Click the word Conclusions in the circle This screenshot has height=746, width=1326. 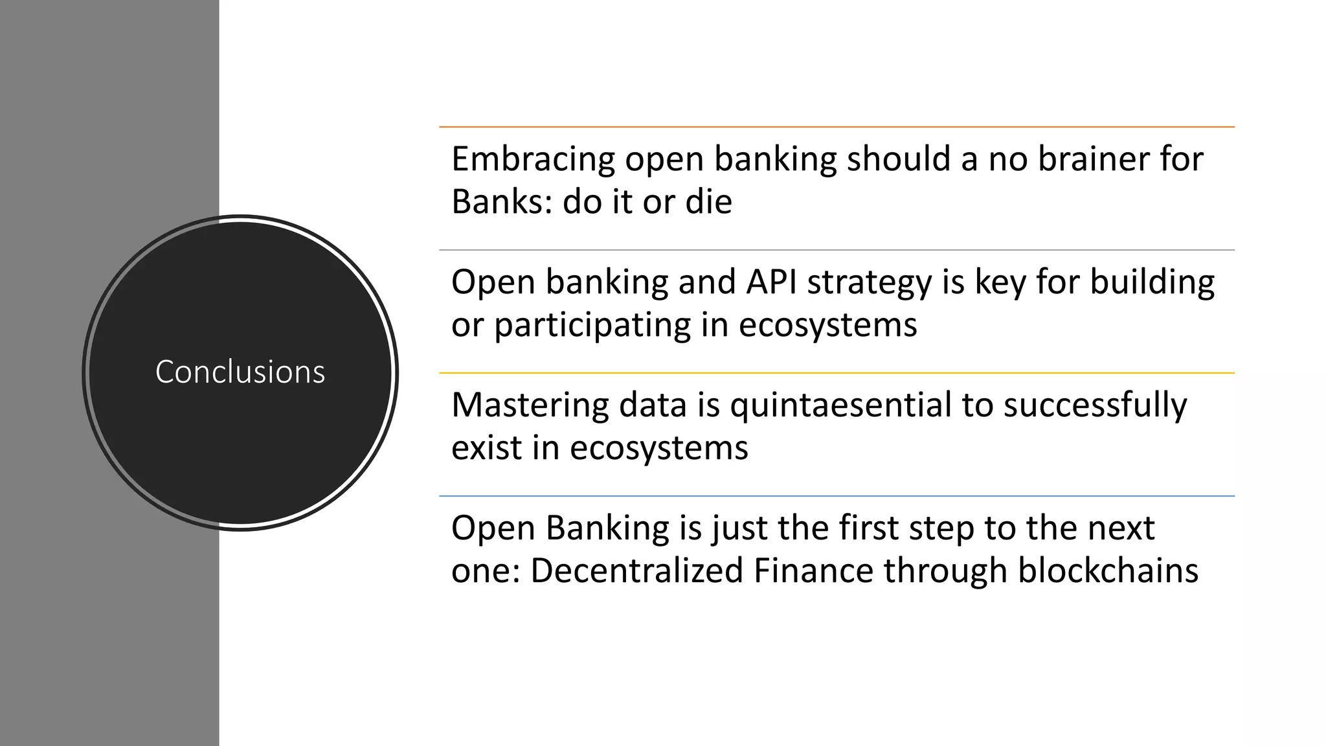pos(240,372)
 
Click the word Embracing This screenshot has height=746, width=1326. pos(533,159)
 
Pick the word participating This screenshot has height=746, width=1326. pos(592,325)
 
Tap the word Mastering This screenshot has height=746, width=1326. pos(530,405)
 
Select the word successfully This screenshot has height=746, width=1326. pos(1095,406)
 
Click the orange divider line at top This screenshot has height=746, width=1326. pos(837,127)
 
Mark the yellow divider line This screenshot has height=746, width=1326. pos(837,373)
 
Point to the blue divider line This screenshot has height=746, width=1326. pos(837,496)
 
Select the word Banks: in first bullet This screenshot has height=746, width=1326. pos(502,201)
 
